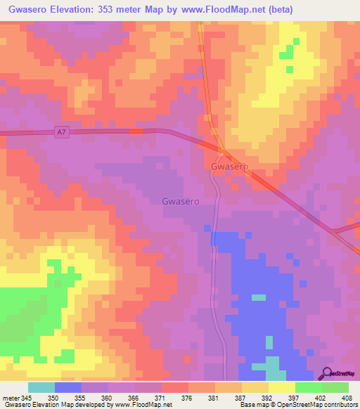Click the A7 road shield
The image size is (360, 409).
62,132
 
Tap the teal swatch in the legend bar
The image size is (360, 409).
41,387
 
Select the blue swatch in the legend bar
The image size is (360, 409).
67,387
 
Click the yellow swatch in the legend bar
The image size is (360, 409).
281,387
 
